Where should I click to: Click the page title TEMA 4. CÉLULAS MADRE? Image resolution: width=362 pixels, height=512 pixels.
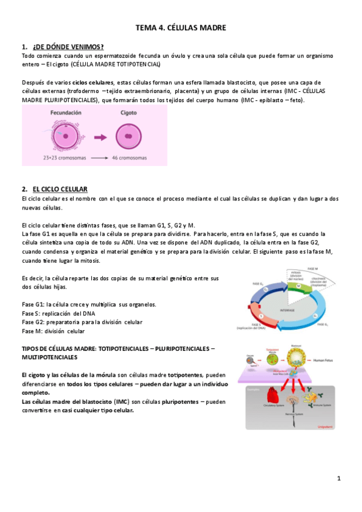pyautogui.click(x=181, y=28)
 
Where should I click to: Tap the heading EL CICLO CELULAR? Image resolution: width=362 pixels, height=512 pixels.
pyautogui.click(x=60, y=189)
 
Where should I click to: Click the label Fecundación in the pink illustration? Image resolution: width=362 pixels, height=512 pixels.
pyautogui.click(x=65, y=112)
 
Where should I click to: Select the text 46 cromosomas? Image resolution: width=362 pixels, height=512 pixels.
pyautogui.click(x=129, y=158)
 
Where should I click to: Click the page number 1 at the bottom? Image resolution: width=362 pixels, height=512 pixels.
pyautogui.click(x=340, y=478)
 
